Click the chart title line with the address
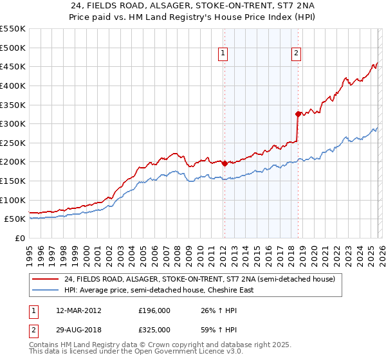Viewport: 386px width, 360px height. [x=192, y=4]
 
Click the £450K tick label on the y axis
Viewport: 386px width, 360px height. [x=13, y=66]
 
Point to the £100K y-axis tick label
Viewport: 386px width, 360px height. [x=13, y=200]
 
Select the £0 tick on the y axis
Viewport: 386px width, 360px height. [x=21, y=238]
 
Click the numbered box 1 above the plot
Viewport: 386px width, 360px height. [x=223, y=54]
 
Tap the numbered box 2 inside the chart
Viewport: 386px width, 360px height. [x=296, y=54]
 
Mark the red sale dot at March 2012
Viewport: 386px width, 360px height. [x=224, y=163]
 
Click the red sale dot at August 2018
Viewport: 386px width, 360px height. [x=298, y=114]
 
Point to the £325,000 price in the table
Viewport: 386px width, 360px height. [x=154, y=329]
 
